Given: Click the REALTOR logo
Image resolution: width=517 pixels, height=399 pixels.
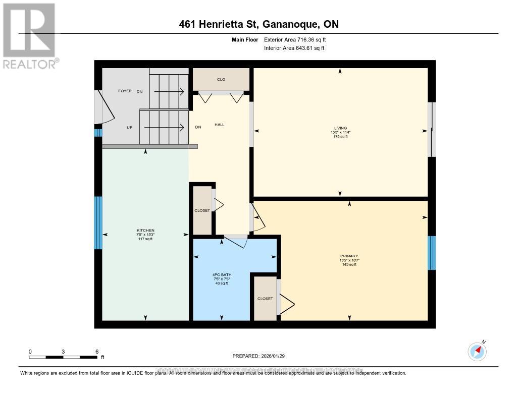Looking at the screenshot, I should [x=30, y=35].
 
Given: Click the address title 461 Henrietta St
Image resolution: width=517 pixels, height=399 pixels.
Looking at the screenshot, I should [x=258, y=24].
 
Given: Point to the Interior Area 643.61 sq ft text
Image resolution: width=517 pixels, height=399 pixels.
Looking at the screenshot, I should [x=294, y=48].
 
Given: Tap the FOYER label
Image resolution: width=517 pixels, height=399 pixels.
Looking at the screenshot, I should [x=125, y=91].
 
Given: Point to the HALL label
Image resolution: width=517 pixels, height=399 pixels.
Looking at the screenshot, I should [x=220, y=124].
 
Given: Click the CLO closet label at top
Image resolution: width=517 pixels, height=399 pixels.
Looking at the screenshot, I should [x=221, y=79].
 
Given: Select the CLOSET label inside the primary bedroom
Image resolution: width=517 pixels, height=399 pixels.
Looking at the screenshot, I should [x=265, y=299].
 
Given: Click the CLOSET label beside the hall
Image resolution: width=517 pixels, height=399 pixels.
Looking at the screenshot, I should [x=202, y=210].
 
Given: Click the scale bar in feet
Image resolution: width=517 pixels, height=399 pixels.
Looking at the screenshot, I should [x=63, y=357].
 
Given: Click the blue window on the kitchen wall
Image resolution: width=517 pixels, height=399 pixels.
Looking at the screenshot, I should [x=98, y=222].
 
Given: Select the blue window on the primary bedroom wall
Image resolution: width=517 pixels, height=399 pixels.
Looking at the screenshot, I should [x=431, y=253].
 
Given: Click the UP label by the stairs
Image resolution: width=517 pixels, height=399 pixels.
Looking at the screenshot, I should [x=129, y=127].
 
